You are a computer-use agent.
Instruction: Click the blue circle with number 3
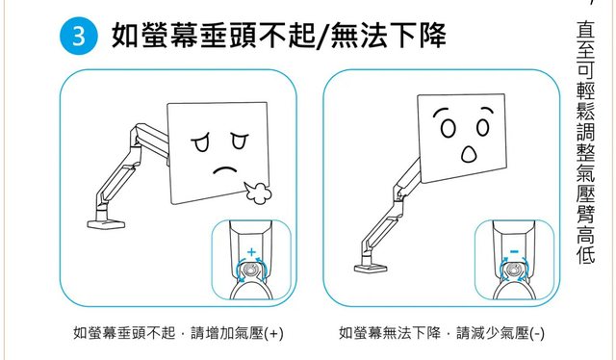tap(79, 36)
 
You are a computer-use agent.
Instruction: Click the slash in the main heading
tap(323, 36)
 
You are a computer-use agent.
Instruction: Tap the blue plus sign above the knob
tap(251, 252)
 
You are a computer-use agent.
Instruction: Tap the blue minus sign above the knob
tap(514, 251)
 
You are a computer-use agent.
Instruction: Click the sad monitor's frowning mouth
tap(224, 170)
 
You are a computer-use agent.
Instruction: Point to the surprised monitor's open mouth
tap(469, 154)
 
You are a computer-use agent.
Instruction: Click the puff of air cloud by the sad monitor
tap(258, 193)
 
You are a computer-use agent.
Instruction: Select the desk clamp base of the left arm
tap(106, 224)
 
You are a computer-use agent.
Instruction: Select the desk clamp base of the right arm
tap(371, 269)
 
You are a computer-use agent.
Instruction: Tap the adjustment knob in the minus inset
tap(513, 270)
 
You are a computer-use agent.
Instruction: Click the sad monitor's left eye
tap(201, 142)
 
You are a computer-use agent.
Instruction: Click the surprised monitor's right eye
tap(483, 127)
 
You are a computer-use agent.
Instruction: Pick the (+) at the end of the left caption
tap(273, 334)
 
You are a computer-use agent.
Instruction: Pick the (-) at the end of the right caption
tap(537, 334)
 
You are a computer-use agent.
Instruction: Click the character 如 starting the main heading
tap(126, 36)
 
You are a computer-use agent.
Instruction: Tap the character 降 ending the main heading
tap(432, 36)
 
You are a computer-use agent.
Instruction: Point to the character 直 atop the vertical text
tap(586, 30)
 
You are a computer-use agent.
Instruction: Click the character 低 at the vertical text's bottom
tap(586, 254)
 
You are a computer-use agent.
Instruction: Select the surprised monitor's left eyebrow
tap(441, 112)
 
